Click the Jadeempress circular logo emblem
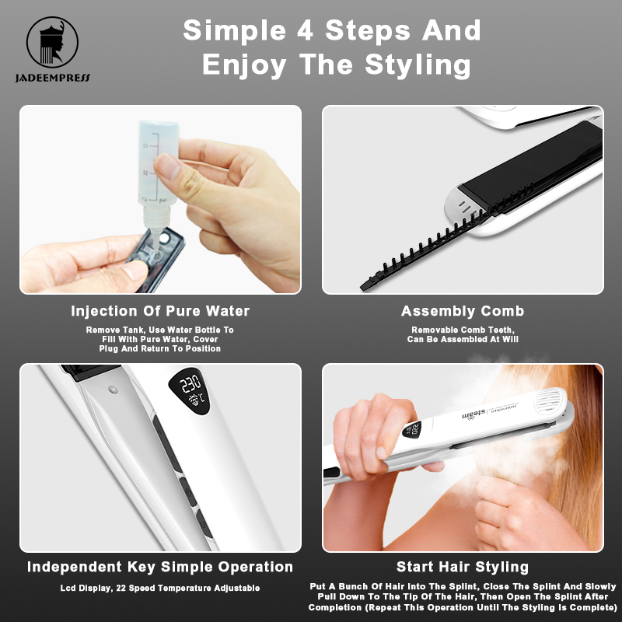(x=52, y=42)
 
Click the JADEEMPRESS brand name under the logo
(x=53, y=78)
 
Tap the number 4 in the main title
(x=305, y=31)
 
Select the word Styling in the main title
(x=418, y=65)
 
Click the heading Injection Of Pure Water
(x=160, y=311)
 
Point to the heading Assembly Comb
(x=463, y=311)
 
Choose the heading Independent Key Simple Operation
(x=160, y=567)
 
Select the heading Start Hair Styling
(x=463, y=567)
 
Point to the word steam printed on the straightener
(x=473, y=414)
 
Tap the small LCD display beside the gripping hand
(x=411, y=430)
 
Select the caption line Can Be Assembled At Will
(x=463, y=339)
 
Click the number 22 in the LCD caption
(x=121, y=588)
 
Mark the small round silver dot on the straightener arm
(x=113, y=390)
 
